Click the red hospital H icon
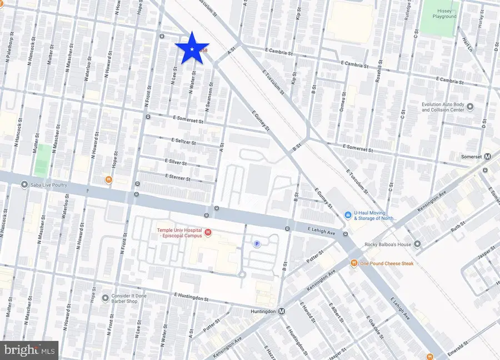(208, 232)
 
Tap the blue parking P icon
(257, 243)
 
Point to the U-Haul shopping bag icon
(347, 214)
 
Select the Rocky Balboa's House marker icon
(417, 244)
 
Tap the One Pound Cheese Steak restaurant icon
(353, 263)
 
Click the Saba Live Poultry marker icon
(24, 184)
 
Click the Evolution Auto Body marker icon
(471, 107)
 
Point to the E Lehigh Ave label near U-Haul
(324, 229)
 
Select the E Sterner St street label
(178, 178)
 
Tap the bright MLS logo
(29, 349)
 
